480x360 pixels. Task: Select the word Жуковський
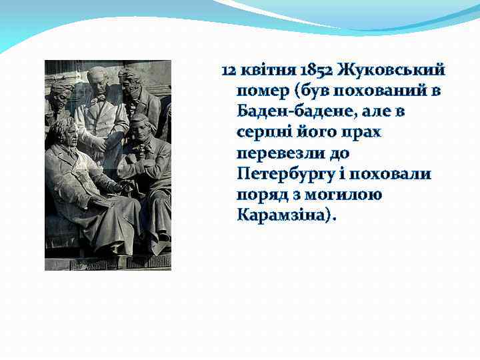point(391,70)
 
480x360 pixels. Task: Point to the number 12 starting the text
point(228,70)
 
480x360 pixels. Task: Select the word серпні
point(262,132)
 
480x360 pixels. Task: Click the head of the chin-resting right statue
point(139,127)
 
